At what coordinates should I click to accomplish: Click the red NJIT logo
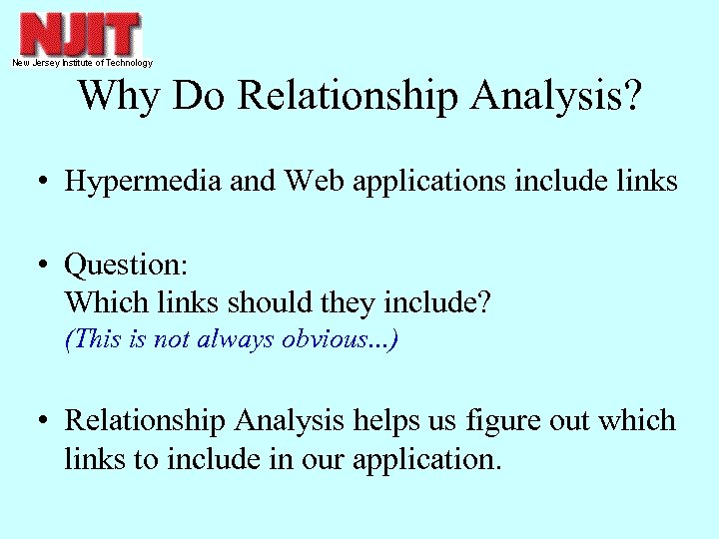(80, 34)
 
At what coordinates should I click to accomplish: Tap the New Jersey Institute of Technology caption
(82, 63)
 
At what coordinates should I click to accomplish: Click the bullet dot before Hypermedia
(46, 183)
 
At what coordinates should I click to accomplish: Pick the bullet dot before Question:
(46, 267)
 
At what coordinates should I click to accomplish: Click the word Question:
(126, 267)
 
